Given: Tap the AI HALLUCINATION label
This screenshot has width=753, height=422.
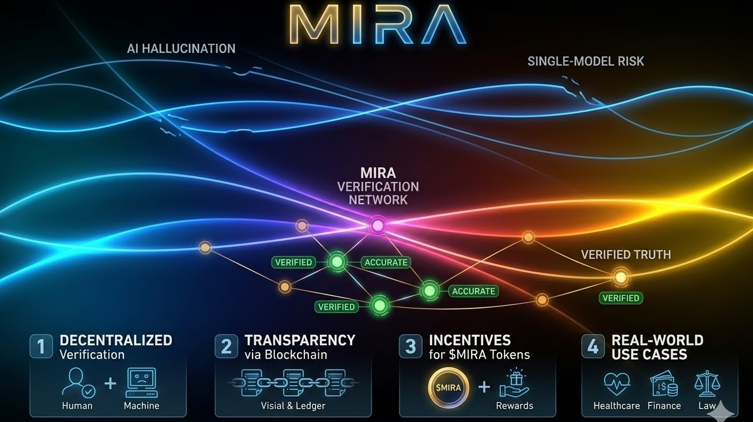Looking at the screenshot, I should coord(181,48).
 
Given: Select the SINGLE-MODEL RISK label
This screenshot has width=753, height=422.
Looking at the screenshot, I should coord(586,61).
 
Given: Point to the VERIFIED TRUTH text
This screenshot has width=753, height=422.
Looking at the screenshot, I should coord(626,254).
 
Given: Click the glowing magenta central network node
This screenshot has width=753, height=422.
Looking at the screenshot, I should coord(378,225).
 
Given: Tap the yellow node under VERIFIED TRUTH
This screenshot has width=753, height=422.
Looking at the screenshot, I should coord(620,277).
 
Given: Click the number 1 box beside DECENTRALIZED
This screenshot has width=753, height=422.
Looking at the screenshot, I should coord(41,346).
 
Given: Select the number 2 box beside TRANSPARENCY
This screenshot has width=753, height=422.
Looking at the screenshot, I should coord(226,346).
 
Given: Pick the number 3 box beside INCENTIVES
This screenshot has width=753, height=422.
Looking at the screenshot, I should coord(411,346).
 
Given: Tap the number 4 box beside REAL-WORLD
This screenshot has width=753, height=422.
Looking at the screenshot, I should coord(593,346).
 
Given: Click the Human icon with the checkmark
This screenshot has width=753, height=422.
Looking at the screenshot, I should coord(77,383).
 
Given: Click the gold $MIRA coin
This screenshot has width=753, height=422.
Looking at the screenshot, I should coord(448,387).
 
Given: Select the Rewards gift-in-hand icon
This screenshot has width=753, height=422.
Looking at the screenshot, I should coord(514,383).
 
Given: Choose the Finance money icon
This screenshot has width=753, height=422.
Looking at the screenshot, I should coord(664,384).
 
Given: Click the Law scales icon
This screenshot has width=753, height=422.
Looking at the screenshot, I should coord(707,384).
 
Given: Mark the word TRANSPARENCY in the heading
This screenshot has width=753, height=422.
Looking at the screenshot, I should coord(300,340).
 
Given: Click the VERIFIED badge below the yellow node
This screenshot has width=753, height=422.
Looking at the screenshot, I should coord(620,298).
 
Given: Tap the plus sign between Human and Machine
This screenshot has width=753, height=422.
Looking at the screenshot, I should coord(110,384).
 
